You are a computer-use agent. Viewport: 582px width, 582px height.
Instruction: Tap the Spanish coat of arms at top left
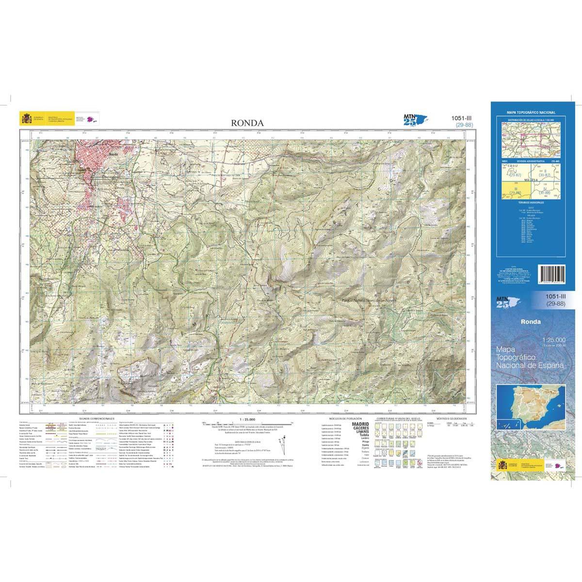pos(26,119)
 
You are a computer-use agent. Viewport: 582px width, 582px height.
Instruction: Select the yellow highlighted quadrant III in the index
pos(511,191)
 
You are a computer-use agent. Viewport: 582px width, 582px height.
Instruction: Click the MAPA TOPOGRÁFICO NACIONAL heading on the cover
pos(531,113)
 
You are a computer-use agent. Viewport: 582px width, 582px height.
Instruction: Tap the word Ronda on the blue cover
pos(531,321)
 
